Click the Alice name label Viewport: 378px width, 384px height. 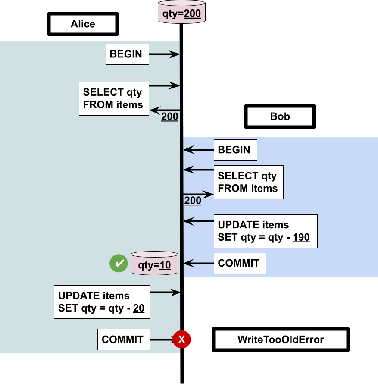(x=83, y=24)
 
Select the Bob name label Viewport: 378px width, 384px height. (x=280, y=116)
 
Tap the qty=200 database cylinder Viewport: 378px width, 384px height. (x=181, y=13)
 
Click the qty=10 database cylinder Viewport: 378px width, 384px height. (x=154, y=263)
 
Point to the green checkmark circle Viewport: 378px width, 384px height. (x=118, y=263)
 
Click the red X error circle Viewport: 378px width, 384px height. (x=181, y=340)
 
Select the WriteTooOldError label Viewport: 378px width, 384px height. (x=281, y=340)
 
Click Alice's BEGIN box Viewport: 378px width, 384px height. (x=127, y=54)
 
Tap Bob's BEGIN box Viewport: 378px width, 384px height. (x=235, y=150)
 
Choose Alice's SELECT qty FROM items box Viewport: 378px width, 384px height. (x=114, y=98)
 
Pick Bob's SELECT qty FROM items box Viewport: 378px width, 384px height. (x=248, y=182)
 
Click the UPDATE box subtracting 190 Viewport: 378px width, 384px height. (x=266, y=231)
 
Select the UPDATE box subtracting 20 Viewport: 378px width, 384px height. (x=102, y=302)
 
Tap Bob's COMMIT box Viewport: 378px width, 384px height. (x=240, y=263)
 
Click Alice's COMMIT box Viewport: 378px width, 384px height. (x=123, y=340)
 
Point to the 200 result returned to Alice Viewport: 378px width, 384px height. (x=170, y=116)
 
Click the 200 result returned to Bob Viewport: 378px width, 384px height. (x=193, y=201)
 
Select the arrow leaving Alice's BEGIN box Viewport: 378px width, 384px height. (x=164, y=54)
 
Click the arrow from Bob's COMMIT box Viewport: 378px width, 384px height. (x=199, y=263)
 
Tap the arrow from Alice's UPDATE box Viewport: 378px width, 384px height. (x=165, y=293)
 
